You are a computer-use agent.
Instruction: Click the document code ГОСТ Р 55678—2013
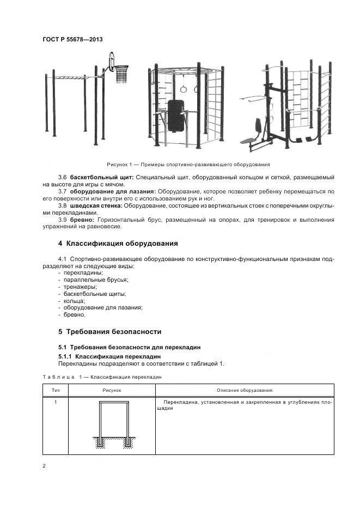(x=72, y=39)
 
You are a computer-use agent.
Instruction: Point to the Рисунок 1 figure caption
(x=187, y=164)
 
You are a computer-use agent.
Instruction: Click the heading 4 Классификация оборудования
(x=118, y=243)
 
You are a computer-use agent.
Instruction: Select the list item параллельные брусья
(x=96, y=279)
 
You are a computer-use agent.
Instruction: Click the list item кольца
(x=74, y=300)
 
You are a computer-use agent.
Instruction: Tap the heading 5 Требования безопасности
(x=109, y=331)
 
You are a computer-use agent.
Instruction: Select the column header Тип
(x=56, y=391)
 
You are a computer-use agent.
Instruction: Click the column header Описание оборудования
(x=245, y=391)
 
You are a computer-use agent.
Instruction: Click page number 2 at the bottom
(x=44, y=466)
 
